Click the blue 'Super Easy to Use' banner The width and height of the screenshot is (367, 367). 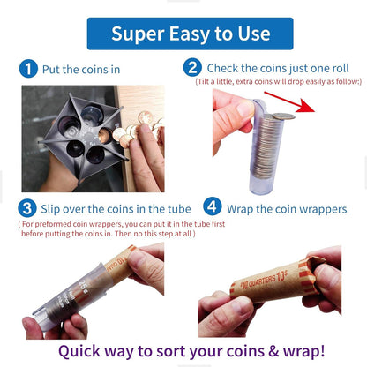(183, 33)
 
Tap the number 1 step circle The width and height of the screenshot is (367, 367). (28, 69)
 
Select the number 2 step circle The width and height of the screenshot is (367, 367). (191, 67)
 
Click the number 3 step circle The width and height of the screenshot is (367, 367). (28, 209)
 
